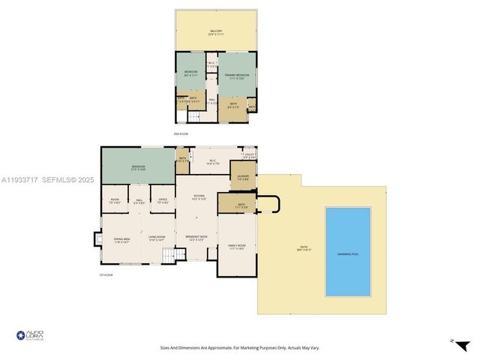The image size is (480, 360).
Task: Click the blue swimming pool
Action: coord(348,251)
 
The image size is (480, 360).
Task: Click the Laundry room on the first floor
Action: coord(243,178)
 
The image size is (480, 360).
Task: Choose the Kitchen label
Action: coord(199,197)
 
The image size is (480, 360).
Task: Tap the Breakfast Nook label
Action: coord(196,238)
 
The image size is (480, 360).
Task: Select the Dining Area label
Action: coord(121,241)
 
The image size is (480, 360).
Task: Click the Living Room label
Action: coord(156,238)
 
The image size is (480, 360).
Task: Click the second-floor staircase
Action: coord(194,115)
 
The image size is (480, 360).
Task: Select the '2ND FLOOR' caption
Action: coord(180,133)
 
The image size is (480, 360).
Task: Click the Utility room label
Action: coord(248,157)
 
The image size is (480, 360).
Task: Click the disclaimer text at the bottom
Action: coord(239,347)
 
